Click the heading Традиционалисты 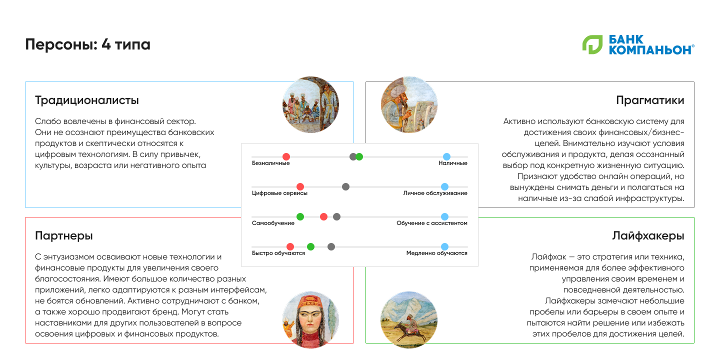click(87, 100)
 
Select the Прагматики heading click(650, 100)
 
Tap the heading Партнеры click(64, 236)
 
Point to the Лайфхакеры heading click(648, 236)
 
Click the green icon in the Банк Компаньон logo click(592, 44)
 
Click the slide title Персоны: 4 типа click(88, 44)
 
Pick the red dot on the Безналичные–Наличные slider click(286, 157)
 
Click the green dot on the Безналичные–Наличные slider click(359, 157)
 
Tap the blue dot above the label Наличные click(446, 157)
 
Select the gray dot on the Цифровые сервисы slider click(345, 187)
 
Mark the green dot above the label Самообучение click(300, 217)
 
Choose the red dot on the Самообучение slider click(323, 217)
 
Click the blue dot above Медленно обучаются click(444, 246)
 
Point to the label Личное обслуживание click(435, 193)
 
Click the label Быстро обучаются click(278, 253)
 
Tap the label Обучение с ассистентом click(431, 223)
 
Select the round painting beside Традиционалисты click(310, 104)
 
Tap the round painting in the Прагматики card click(409, 104)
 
